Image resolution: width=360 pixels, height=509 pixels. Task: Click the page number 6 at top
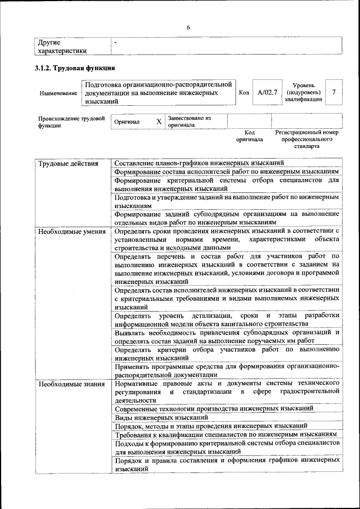188,28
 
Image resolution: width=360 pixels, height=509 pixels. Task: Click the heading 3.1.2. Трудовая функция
75,68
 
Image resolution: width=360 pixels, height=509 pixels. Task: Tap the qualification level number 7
335,92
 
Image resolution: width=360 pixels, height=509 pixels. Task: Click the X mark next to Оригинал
159,121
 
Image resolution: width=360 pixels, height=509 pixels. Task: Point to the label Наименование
58,92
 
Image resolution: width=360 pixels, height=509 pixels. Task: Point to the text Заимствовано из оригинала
188,121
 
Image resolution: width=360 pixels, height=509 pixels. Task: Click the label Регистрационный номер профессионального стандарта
307,139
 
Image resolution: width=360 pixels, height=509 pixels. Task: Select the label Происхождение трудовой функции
71,122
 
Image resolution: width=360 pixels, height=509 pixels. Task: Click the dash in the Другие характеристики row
115,43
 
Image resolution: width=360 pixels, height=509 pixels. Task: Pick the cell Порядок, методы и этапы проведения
211,426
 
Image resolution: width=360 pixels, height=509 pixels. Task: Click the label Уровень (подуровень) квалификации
304,92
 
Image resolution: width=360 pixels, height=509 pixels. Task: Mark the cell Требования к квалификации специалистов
225,434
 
